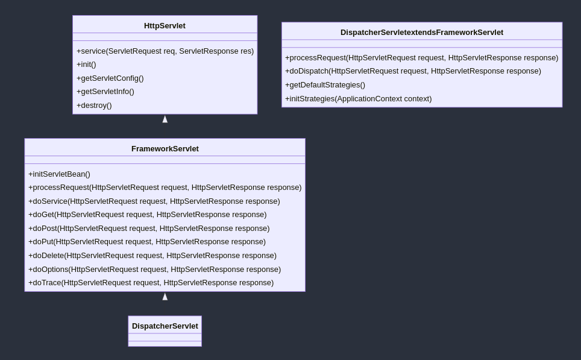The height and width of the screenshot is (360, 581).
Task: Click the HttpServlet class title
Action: pos(165,25)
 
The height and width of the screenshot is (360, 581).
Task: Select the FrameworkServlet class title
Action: pos(165,149)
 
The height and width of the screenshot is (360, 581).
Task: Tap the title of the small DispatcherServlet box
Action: pos(165,326)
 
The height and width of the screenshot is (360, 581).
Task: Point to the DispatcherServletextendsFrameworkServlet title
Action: pos(422,32)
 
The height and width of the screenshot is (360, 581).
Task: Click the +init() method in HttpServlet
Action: pos(86,65)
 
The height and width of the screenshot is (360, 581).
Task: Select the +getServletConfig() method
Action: pos(110,78)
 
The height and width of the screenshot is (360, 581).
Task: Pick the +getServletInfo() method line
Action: pos(105,92)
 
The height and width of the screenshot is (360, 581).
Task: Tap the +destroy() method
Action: pos(94,106)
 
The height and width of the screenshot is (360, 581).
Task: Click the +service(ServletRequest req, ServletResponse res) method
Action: pos(165,51)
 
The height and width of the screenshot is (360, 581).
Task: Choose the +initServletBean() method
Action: pos(59,174)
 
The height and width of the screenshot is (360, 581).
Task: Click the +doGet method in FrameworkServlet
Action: pos(148,215)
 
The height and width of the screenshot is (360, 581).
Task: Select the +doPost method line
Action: pos(149,229)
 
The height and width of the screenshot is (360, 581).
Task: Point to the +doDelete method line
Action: pos(152,256)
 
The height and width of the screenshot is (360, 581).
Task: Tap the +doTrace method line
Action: pos(151,283)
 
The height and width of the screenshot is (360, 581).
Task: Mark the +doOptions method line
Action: pos(154,269)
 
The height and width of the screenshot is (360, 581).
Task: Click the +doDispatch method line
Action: pos(413,71)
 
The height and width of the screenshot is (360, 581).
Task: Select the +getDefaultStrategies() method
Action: pos(325,85)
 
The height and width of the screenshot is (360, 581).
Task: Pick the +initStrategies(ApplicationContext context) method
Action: pos(359,99)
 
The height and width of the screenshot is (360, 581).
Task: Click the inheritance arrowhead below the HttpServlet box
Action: pos(165,119)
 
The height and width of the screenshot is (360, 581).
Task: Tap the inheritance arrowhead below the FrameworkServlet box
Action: pos(165,297)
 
